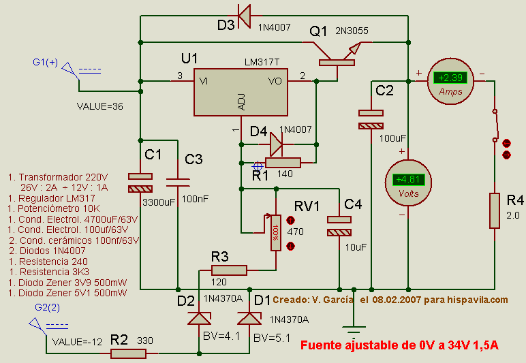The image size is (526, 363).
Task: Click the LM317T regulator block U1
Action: click(241, 92)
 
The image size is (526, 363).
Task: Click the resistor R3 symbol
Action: click(224, 270)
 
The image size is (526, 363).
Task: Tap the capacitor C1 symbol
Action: click(140, 183)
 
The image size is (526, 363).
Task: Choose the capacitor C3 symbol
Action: click(178, 182)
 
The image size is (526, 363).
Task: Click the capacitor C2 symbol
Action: click(371, 120)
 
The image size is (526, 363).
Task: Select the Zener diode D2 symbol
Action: click(199, 318)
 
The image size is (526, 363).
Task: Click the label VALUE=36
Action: click(99, 106)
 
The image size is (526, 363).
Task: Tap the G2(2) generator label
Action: click(47, 307)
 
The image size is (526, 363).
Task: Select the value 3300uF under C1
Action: click(158, 202)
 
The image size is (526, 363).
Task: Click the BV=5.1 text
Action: click(267, 337)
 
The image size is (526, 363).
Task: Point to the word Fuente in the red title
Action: click(320, 346)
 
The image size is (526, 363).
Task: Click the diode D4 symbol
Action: click(276, 144)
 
